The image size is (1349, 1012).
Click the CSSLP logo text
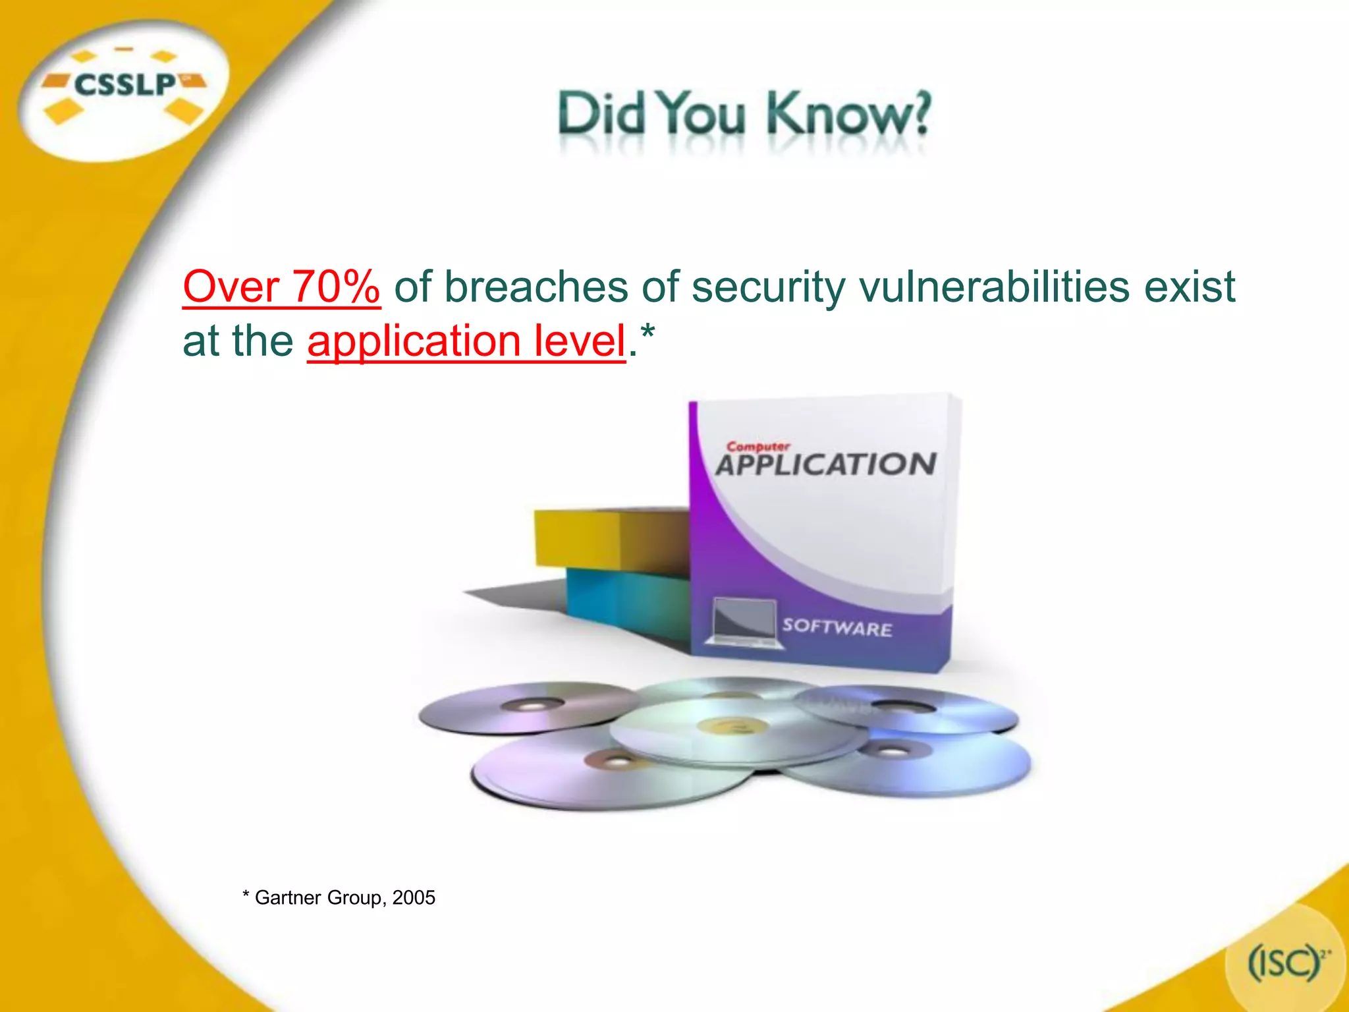pos(125,85)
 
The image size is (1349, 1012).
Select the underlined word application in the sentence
pos(414,341)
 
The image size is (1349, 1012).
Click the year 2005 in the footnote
pos(414,897)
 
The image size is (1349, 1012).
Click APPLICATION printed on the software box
pos(825,464)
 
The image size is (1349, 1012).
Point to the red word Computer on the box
pos(757,446)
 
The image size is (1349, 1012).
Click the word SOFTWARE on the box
pos(837,627)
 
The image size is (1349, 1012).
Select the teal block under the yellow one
pos(626,600)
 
